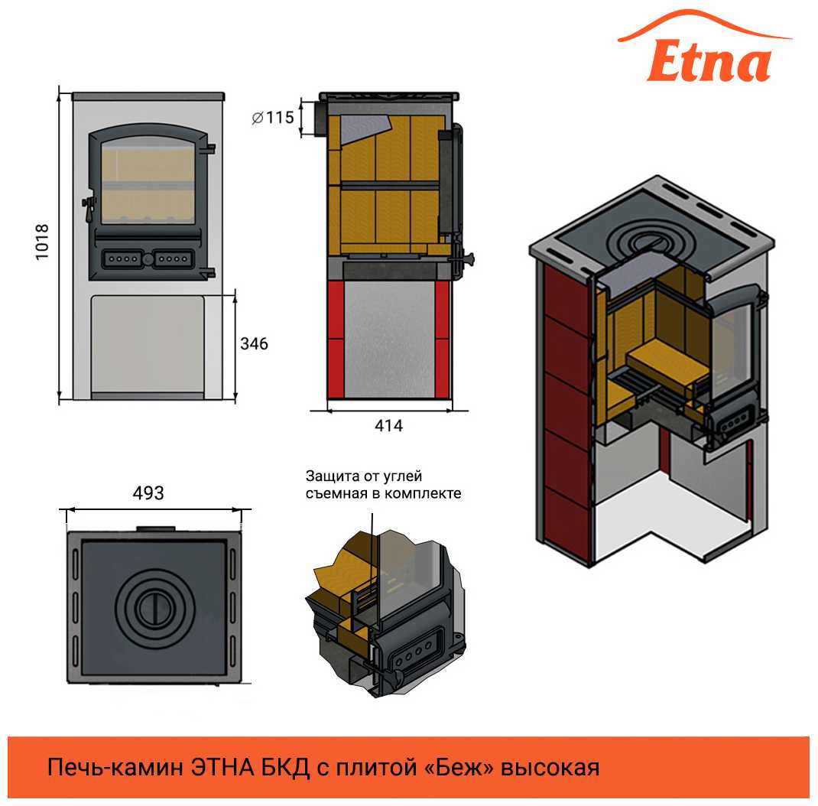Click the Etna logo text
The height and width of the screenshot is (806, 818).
click(709, 60)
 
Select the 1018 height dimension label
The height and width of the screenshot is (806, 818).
click(41, 242)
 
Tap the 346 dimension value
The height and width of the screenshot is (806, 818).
click(254, 343)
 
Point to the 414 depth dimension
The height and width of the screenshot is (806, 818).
click(388, 426)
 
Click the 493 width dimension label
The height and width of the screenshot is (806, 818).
click(148, 493)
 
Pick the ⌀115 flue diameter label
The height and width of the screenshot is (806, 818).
click(273, 117)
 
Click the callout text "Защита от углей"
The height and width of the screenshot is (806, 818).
click(364, 476)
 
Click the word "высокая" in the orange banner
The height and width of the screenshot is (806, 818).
click(550, 769)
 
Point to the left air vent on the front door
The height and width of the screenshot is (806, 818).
click(121, 258)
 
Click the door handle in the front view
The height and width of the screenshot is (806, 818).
click(89, 204)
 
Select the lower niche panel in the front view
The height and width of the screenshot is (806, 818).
click(147, 345)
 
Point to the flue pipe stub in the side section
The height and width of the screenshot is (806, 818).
click(320, 119)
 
